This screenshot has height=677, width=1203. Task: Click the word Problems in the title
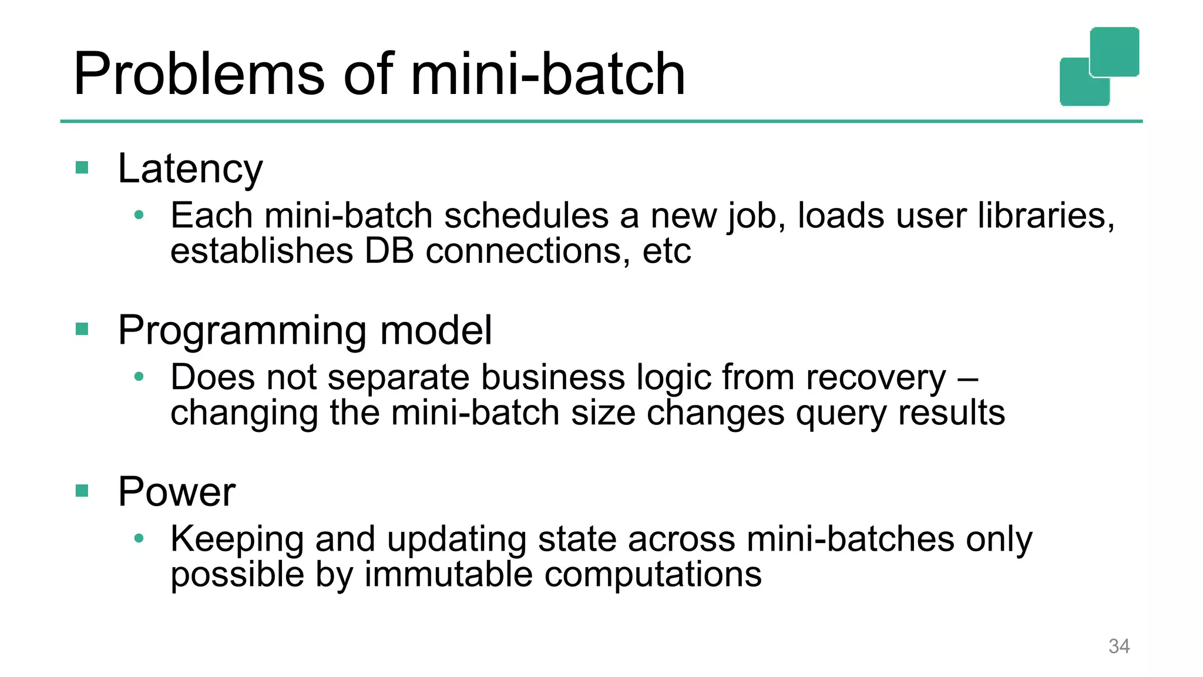click(199, 75)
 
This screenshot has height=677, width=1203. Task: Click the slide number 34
click(1118, 646)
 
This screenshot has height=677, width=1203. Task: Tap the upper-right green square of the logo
click(1114, 51)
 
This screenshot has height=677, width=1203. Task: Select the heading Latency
click(190, 169)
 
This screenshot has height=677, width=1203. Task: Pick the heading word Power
click(176, 491)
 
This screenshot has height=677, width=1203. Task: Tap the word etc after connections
click(667, 252)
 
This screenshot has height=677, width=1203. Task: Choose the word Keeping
click(237, 539)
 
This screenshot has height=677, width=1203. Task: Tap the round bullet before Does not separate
click(139, 377)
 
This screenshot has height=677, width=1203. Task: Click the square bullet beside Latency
click(82, 168)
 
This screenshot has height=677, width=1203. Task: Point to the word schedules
click(526, 216)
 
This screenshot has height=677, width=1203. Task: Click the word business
click(553, 377)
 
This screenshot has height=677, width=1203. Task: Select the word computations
click(653, 574)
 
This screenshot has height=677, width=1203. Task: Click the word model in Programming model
click(435, 330)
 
